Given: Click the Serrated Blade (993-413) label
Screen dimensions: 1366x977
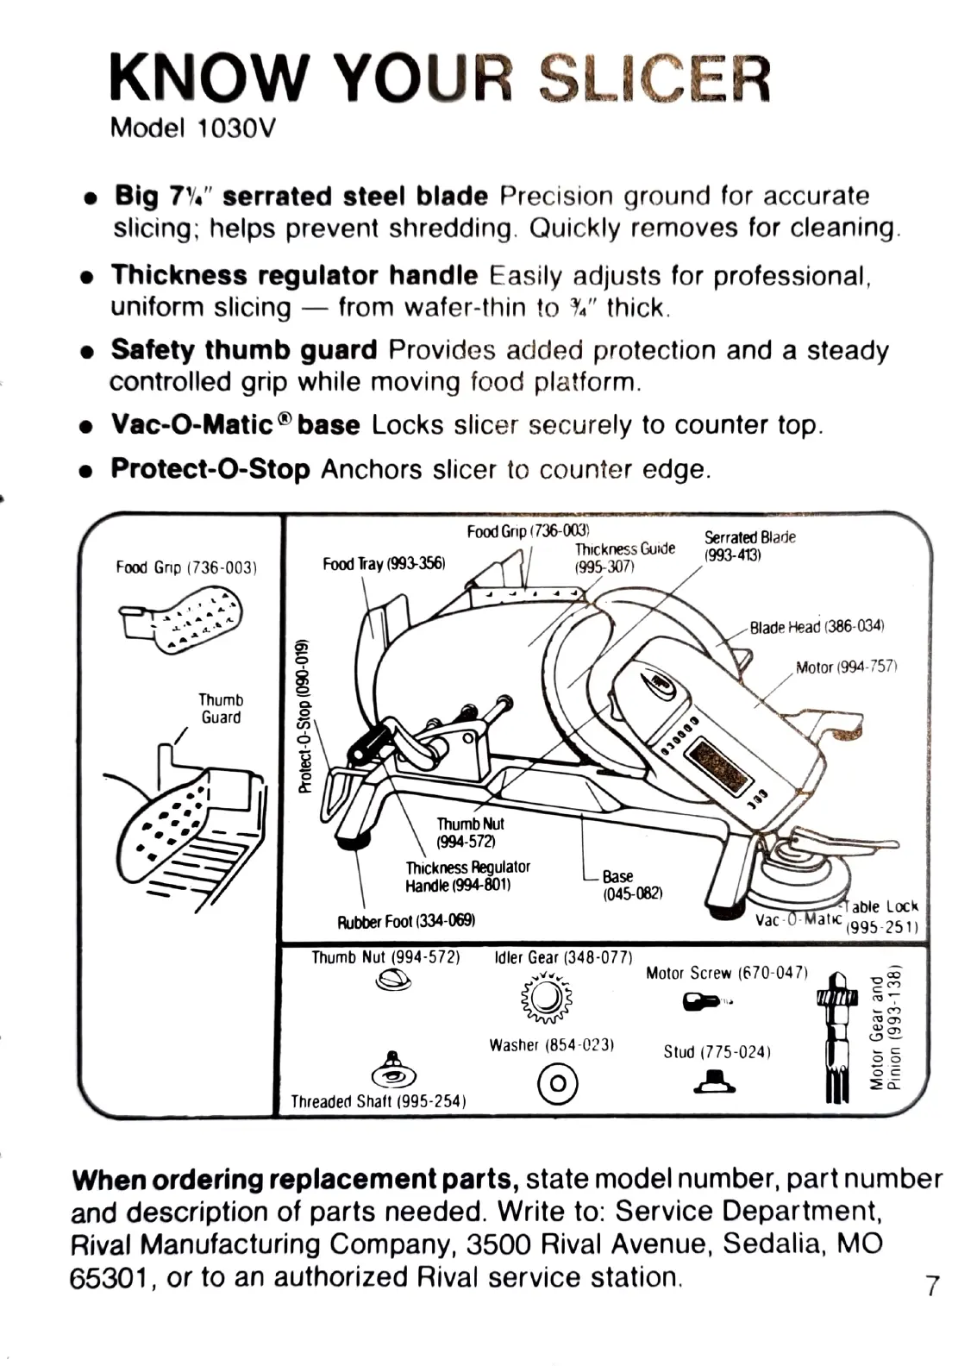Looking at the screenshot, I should coord(748,546).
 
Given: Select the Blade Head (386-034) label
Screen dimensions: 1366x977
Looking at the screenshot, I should coord(817,627).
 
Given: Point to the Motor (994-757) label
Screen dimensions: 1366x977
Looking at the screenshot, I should coord(847,667).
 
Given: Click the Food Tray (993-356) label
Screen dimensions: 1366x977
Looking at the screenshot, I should coord(383,564).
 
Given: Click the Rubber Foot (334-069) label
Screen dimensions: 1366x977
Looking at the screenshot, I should coord(405,922).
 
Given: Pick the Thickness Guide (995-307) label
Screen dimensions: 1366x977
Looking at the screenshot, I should coord(624,557).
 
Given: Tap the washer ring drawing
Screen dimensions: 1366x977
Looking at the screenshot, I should coord(557,1082).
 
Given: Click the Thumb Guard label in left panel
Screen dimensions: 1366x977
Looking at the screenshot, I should coord(221,709).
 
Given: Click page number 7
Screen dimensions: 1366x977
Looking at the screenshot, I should coord(931,1286).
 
